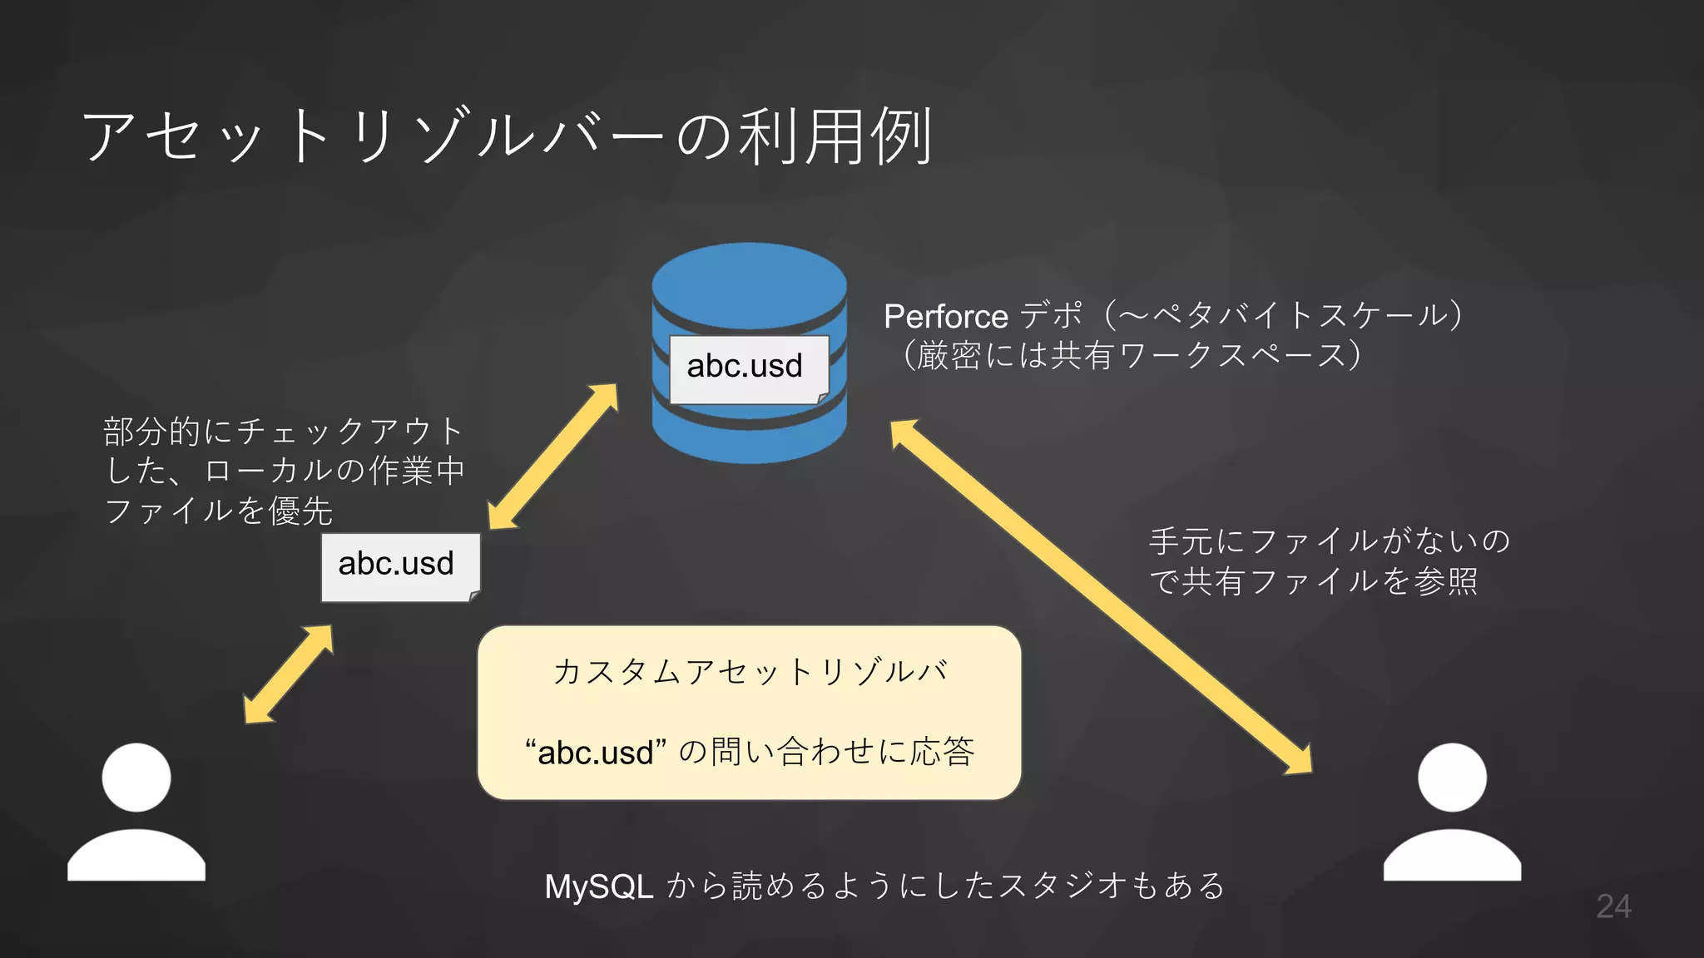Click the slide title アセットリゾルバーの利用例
pos(508,136)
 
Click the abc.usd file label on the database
pos(745,367)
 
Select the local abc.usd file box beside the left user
pos(397,565)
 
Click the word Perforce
pos(946,317)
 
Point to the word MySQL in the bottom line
pos(598,886)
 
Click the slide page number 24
pos(1612,906)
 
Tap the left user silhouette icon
pos(136,815)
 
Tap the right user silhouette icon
pos(1452,815)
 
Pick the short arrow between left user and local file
pos(289,674)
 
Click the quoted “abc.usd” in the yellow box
pos(596,753)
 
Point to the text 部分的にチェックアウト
pos(283,431)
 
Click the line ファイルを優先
pos(219,511)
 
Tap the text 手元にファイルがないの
pos(1329,541)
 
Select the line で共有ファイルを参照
pos(1313,581)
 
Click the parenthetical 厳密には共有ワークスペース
pos(1132,356)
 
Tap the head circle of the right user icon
pos(1452,778)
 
